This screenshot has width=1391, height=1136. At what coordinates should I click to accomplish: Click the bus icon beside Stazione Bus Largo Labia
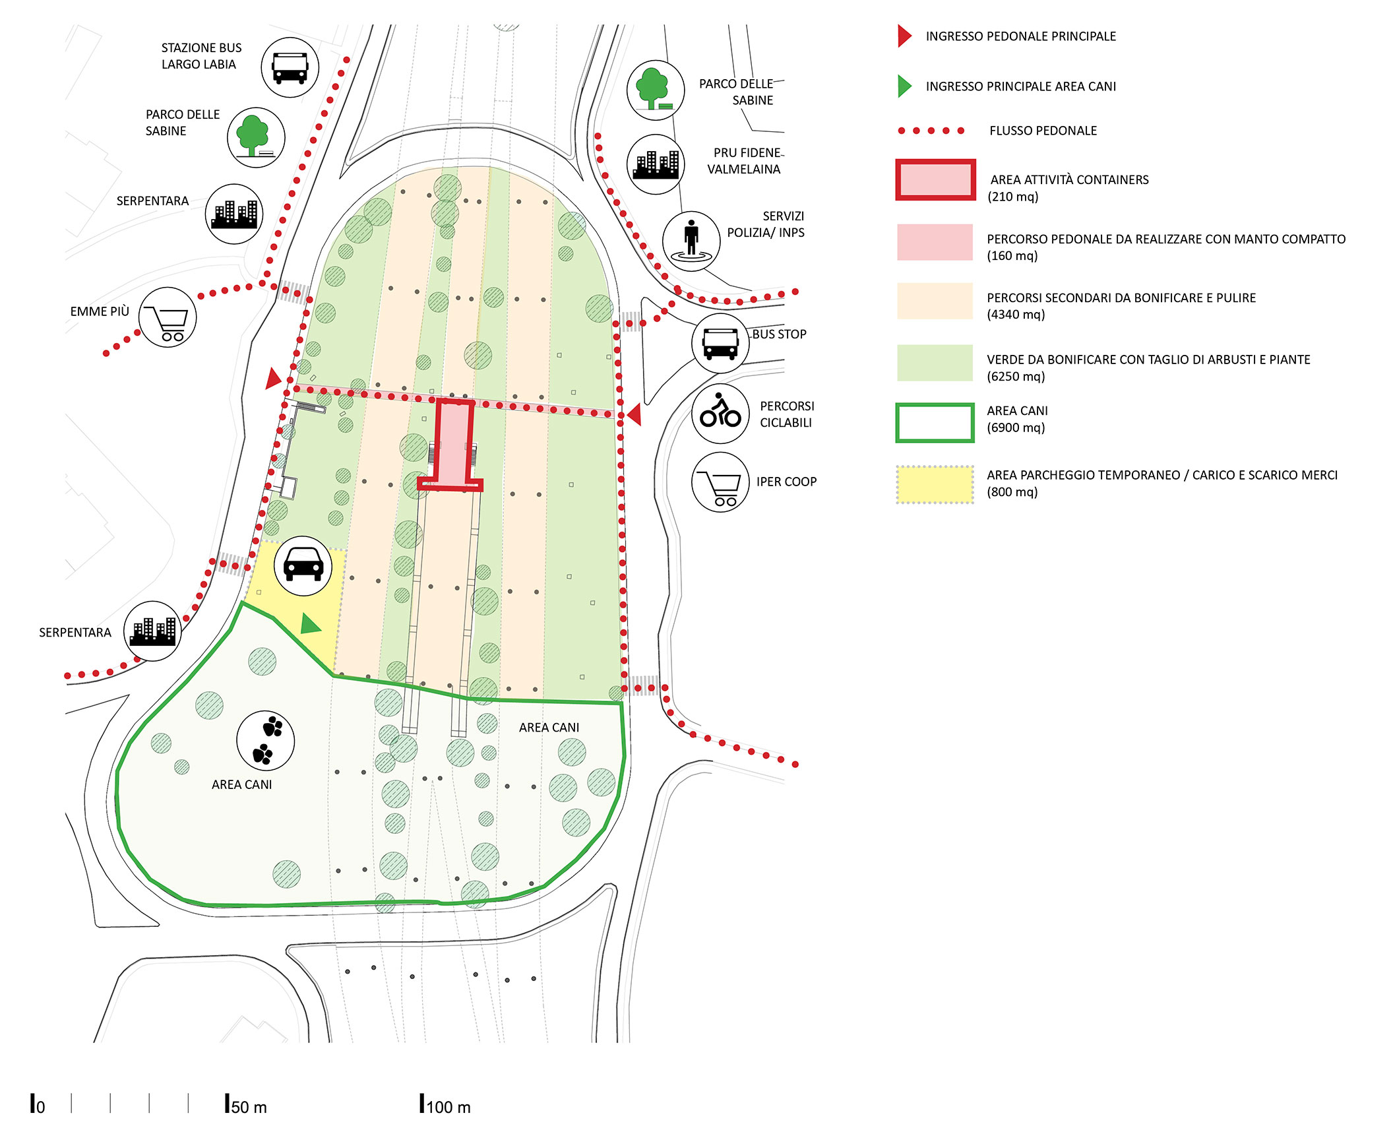tap(290, 67)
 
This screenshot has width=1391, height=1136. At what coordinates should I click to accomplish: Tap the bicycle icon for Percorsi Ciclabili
tap(720, 413)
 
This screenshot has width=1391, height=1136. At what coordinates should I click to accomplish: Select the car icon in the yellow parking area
tap(303, 565)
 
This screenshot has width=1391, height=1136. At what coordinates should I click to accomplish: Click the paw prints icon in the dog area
tap(265, 740)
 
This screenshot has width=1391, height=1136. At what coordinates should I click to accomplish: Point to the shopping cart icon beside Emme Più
tap(168, 317)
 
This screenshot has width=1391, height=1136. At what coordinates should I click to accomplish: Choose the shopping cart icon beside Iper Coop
tap(720, 482)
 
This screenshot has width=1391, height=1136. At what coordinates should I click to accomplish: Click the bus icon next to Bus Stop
tap(720, 344)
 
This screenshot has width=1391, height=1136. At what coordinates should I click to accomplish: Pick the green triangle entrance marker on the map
tap(309, 623)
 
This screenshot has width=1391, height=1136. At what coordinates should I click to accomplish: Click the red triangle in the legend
tap(904, 36)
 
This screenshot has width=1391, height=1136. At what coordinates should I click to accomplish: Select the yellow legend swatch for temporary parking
tap(935, 484)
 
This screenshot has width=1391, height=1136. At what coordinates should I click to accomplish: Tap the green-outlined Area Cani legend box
tap(935, 422)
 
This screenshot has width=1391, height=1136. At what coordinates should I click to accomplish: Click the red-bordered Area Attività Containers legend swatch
tap(935, 179)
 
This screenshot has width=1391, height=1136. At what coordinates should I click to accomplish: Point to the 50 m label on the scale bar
tap(249, 1107)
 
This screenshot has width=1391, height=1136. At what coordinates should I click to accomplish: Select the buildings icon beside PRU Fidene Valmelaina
tap(655, 164)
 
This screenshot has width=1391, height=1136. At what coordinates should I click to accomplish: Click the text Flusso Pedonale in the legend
tap(1042, 131)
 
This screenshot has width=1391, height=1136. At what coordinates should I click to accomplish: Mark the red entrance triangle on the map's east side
tap(634, 414)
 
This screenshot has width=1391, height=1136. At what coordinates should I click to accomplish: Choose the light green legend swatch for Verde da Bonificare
tap(935, 363)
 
